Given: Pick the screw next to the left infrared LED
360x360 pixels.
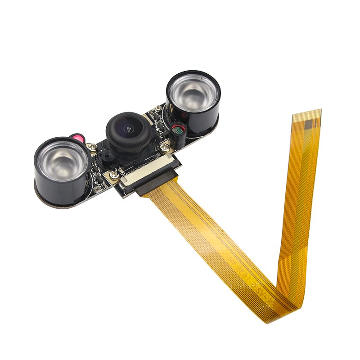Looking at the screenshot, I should (92, 146).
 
